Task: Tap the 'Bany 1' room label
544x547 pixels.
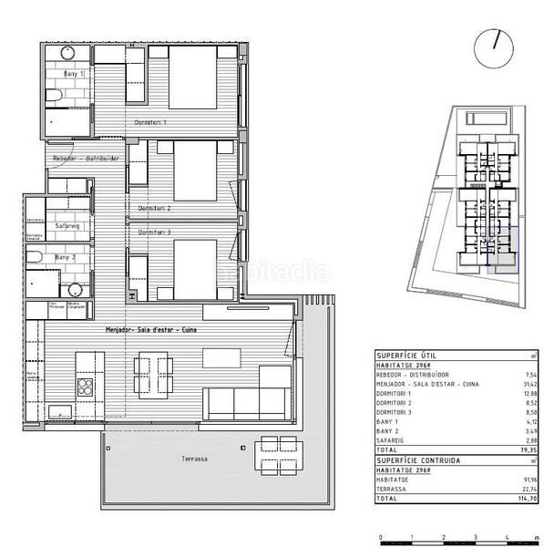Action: (x=74, y=73)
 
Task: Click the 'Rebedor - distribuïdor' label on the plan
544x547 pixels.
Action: (x=87, y=158)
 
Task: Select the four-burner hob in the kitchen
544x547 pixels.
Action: (x=84, y=387)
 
